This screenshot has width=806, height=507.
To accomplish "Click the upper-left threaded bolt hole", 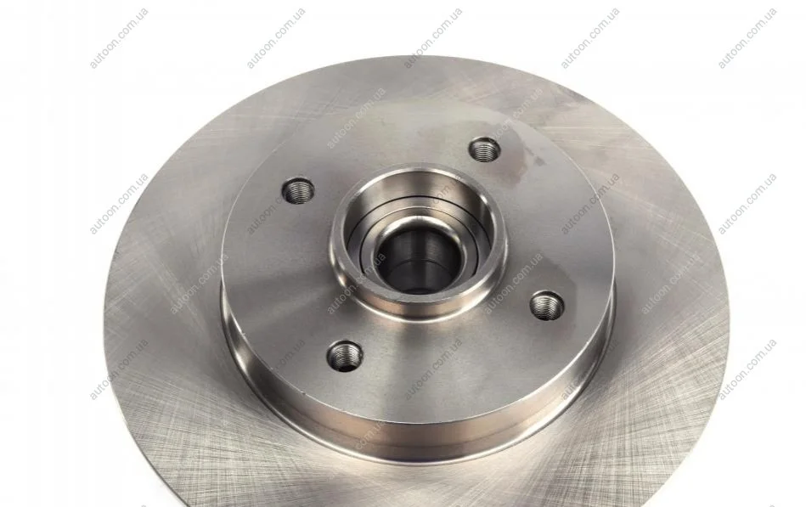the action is click(298, 191).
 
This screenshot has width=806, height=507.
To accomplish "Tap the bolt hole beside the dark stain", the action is click(484, 149).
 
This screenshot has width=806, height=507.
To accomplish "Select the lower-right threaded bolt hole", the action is click(547, 305).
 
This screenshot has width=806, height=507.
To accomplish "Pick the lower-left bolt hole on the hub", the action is click(345, 355).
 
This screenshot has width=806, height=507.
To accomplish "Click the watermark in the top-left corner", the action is click(119, 38).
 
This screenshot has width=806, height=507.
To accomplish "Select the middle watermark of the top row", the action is click(433, 38).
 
